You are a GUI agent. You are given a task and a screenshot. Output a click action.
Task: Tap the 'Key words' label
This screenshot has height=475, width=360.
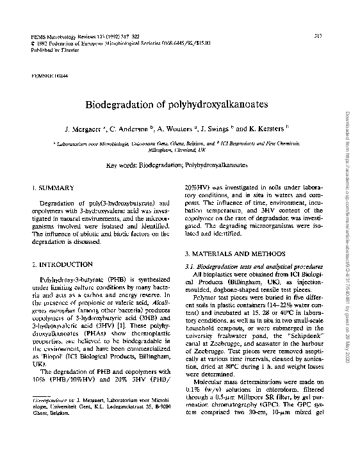[x=123, y=165]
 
